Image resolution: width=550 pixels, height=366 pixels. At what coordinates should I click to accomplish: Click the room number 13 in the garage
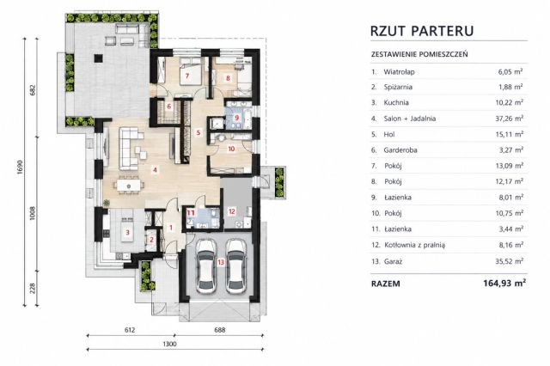pyautogui.click(x=221, y=262)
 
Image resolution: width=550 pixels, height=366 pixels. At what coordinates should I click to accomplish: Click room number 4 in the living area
pyautogui.click(x=155, y=170)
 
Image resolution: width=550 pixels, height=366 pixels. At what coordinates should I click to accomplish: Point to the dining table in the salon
pyautogui.click(x=129, y=185)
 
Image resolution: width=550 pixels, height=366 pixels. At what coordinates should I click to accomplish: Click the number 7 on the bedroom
pyautogui.click(x=187, y=76)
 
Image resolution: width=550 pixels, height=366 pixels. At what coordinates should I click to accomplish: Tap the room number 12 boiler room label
pyautogui.click(x=231, y=211)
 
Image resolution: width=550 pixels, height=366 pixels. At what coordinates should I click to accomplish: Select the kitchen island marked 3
pyautogui.click(x=128, y=232)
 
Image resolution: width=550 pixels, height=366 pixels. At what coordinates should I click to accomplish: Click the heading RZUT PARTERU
pyautogui.click(x=422, y=31)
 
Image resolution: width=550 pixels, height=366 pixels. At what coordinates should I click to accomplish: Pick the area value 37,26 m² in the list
pyautogui.click(x=510, y=119)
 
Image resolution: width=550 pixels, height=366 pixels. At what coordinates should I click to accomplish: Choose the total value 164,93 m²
pyautogui.click(x=504, y=283)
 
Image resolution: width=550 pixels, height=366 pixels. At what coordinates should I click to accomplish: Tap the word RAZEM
pyautogui.click(x=386, y=284)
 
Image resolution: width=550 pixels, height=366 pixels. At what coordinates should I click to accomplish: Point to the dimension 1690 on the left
pyautogui.click(x=20, y=168)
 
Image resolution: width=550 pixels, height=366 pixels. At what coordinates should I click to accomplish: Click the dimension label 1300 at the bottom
pyautogui.click(x=170, y=344)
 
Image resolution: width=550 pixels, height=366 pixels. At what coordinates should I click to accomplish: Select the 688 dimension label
pyautogui.click(x=220, y=330)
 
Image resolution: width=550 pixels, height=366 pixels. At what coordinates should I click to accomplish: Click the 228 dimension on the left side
pyautogui.click(x=33, y=289)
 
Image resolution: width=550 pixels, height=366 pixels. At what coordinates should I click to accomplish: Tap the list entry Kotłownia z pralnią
pyautogui.click(x=414, y=245)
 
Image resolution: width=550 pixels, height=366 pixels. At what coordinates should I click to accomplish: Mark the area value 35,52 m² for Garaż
pyautogui.click(x=511, y=261)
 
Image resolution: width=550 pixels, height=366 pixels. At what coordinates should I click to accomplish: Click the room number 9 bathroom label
pyautogui.click(x=237, y=118)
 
